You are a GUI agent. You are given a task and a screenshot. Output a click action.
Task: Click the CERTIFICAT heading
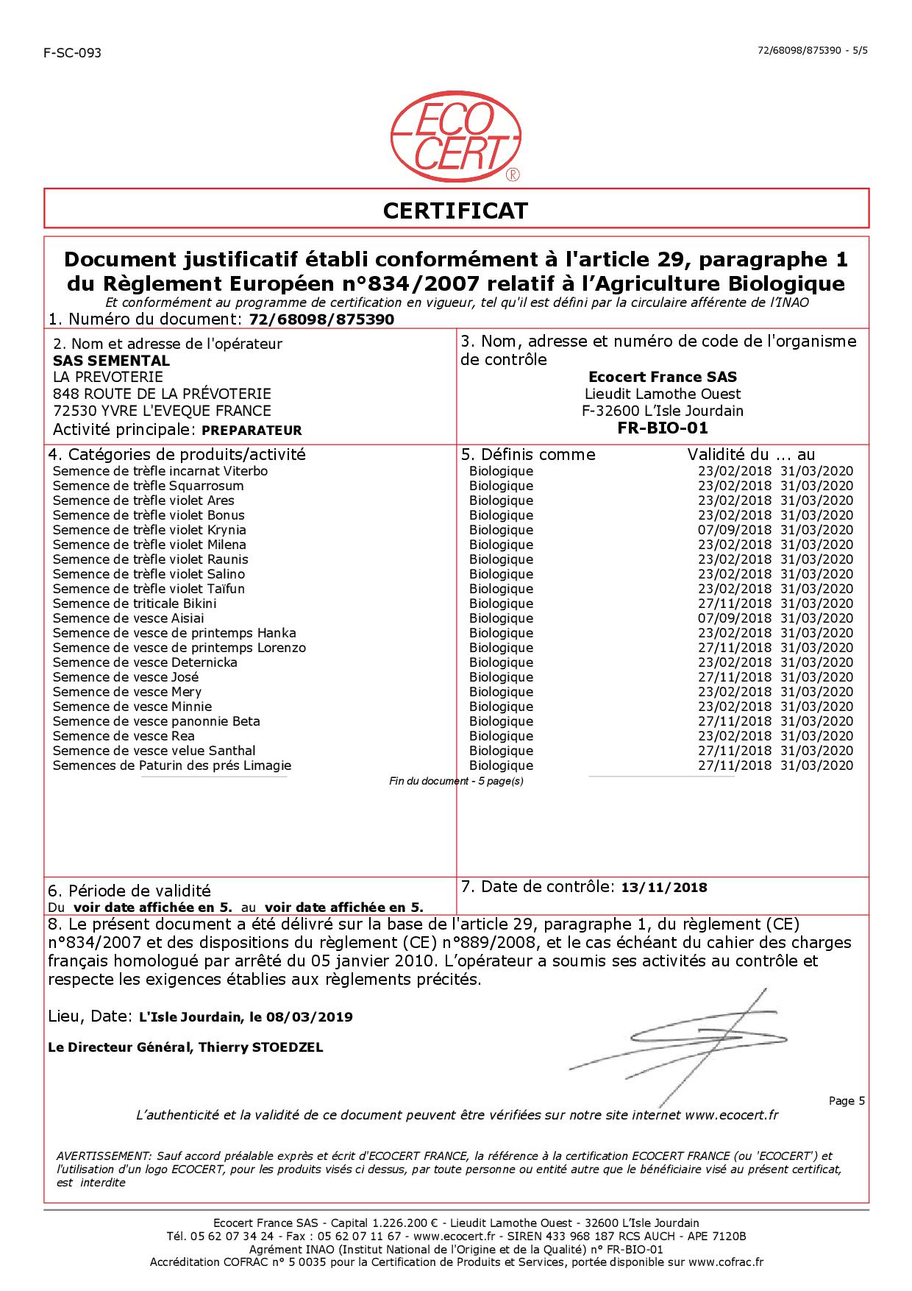click(x=455, y=211)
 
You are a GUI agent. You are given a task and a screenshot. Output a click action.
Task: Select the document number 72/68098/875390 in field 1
click(x=322, y=319)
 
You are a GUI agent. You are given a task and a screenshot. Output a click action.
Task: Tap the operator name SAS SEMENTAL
click(x=112, y=361)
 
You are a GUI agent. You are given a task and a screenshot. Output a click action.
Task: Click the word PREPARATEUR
click(x=252, y=431)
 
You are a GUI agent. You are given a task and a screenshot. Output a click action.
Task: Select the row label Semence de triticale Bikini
click(x=135, y=604)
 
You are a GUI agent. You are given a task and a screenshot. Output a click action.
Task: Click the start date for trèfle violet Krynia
click(x=734, y=530)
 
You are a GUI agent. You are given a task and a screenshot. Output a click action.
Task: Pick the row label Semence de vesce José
click(x=126, y=677)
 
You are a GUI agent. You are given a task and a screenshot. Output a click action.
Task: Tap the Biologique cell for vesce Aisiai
click(x=501, y=618)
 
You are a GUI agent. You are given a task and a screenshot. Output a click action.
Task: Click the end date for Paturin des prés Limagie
click(x=816, y=765)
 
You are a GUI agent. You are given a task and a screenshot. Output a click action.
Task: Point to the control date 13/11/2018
click(x=664, y=888)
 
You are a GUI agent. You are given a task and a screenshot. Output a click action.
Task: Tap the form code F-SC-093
click(x=72, y=53)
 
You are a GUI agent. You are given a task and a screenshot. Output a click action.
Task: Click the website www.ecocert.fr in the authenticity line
click(x=731, y=1115)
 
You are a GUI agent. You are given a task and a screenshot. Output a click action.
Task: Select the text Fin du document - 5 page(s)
click(x=456, y=781)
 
